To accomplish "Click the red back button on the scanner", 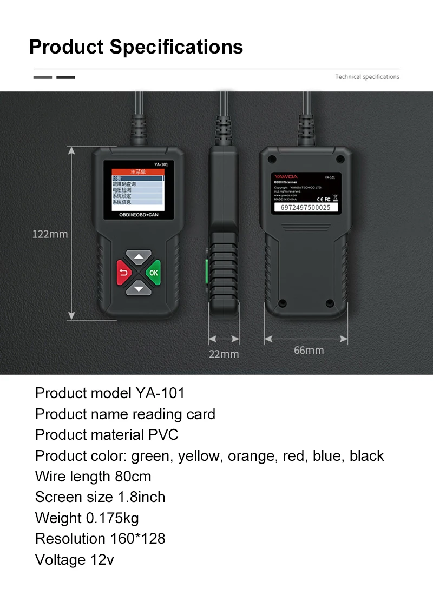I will (123, 272).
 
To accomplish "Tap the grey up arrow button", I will (140, 256).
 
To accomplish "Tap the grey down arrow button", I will (140, 288).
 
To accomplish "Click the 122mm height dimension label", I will (50, 234).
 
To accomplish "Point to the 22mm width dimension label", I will (224, 354).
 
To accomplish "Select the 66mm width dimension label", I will (309, 351).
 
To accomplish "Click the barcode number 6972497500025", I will (306, 207).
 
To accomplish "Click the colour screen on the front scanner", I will (137, 187).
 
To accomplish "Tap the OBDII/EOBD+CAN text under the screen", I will (139, 215).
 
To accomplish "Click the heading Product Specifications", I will (136, 47).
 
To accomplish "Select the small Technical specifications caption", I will (367, 77).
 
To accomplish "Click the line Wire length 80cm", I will (93, 477).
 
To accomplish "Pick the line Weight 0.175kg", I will (87, 518).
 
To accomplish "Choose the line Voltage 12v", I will (74, 559).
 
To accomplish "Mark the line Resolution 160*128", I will (100, 539).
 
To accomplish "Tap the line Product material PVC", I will (107, 435).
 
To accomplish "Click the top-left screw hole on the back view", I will (273, 160).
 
